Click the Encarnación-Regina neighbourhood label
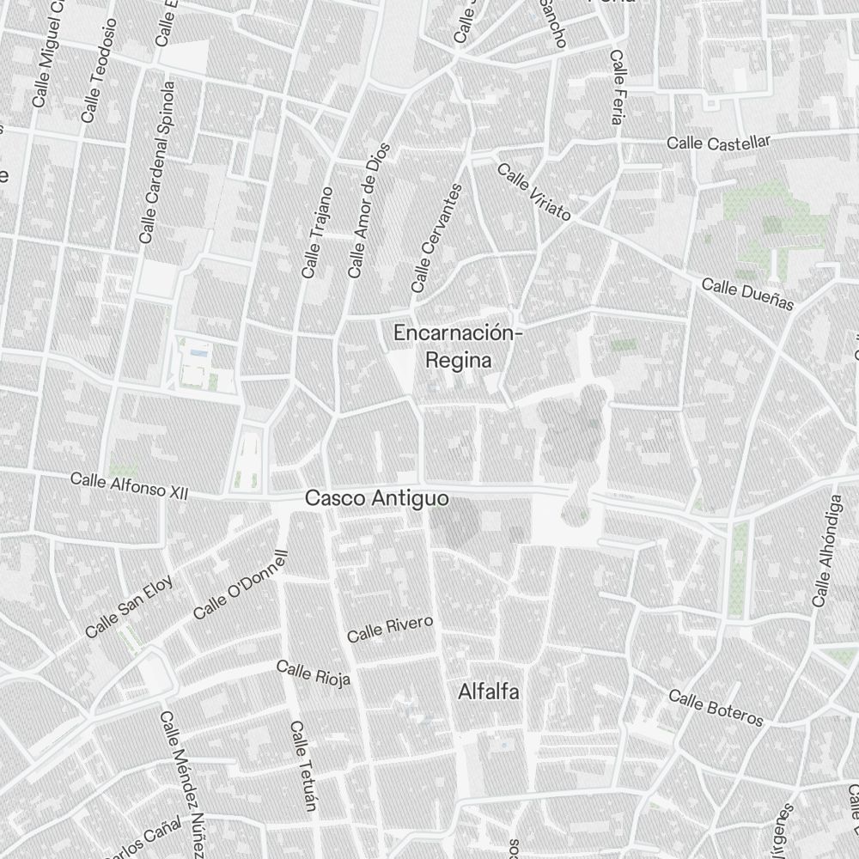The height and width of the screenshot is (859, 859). (456, 346)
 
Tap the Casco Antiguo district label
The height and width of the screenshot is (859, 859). (377, 498)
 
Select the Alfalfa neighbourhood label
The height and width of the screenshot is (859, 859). (489, 691)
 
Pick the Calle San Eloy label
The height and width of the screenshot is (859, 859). (129, 606)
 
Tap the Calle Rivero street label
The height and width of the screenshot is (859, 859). (390, 629)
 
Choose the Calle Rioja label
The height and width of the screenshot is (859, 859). (314, 674)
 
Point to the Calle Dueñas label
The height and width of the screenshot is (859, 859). (747, 294)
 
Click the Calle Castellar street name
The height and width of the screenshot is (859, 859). (719, 142)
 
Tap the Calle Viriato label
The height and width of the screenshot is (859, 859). (533, 192)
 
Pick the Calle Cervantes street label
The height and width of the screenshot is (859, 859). (437, 238)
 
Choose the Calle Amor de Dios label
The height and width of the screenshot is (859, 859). (369, 210)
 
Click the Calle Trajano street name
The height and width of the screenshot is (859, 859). (317, 232)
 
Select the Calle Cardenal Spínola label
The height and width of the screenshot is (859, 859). (157, 161)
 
